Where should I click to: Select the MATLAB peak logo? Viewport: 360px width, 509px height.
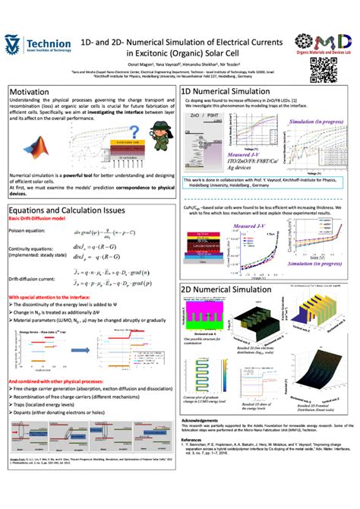[31, 149]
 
